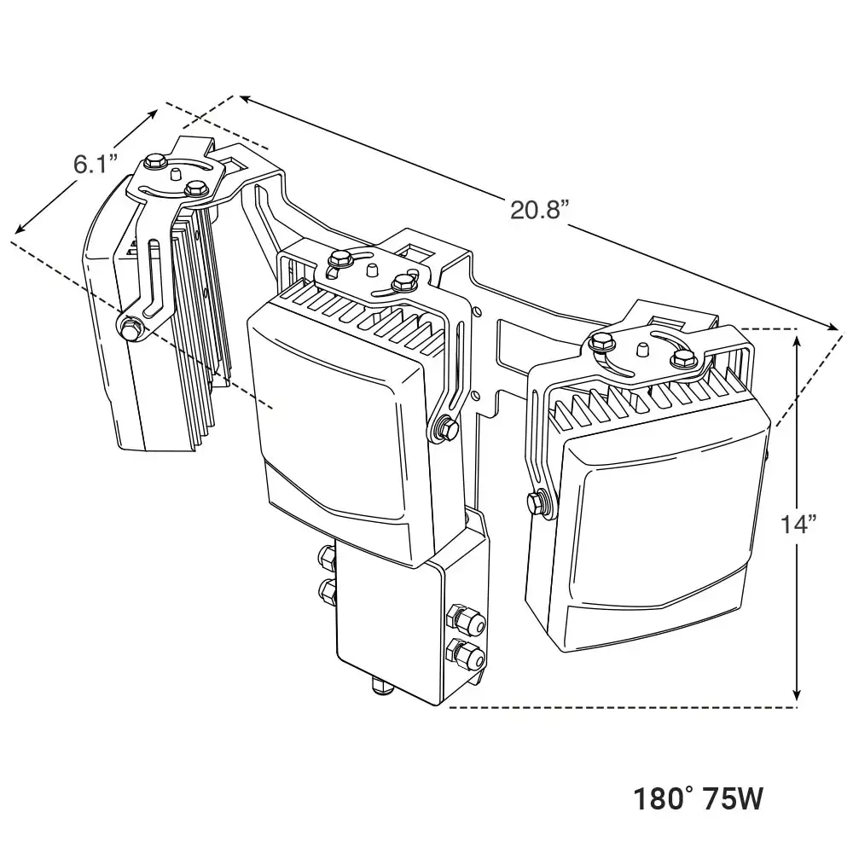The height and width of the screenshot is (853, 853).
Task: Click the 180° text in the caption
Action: tap(664, 799)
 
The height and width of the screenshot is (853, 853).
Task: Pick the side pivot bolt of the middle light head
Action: tap(443, 429)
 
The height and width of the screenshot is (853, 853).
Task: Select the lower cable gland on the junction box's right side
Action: tap(467, 655)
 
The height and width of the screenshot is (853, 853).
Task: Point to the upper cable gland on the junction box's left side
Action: tap(328, 559)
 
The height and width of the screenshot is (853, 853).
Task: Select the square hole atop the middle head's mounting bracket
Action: tap(417, 253)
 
